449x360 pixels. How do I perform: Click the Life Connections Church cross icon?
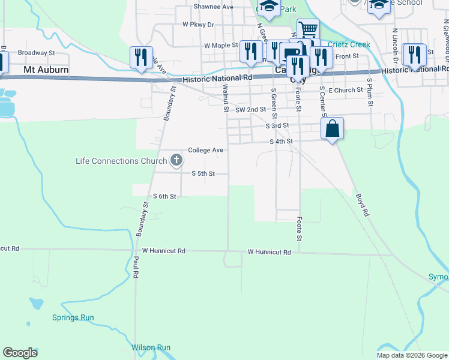click(x=176, y=160)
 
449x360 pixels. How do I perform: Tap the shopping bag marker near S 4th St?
click(x=332, y=128)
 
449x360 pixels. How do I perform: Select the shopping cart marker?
click(x=308, y=28)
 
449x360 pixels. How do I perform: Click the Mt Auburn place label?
click(x=46, y=70)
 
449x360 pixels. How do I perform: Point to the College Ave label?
click(x=205, y=150)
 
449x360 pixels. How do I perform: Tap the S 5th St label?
click(x=203, y=173)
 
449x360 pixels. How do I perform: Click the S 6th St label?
click(x=164, y=196)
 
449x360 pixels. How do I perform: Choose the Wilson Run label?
click(x=151, y=347)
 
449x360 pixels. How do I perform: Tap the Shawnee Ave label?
click(x=213, y=7)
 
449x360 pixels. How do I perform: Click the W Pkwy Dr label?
click(x=198, y=25)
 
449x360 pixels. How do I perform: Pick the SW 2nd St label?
click(x=250, y=110)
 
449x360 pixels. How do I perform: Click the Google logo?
click(x=20, y=353)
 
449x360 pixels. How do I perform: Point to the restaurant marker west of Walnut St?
click(x=141, y=57)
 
